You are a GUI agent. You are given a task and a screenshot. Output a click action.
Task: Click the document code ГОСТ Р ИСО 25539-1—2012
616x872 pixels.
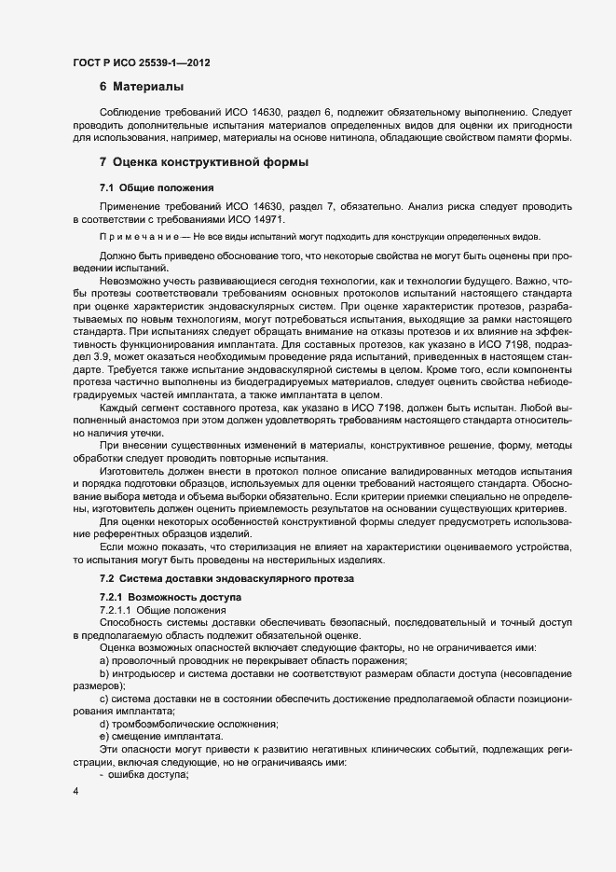click(x=141, y=63)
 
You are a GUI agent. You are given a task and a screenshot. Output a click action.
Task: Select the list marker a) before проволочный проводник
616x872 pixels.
click(x=104, y=659)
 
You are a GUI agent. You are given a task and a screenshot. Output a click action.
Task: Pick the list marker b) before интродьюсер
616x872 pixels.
click(x=104, y=672)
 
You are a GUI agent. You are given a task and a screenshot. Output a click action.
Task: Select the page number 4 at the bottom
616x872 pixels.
click(x=75, y=793)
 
